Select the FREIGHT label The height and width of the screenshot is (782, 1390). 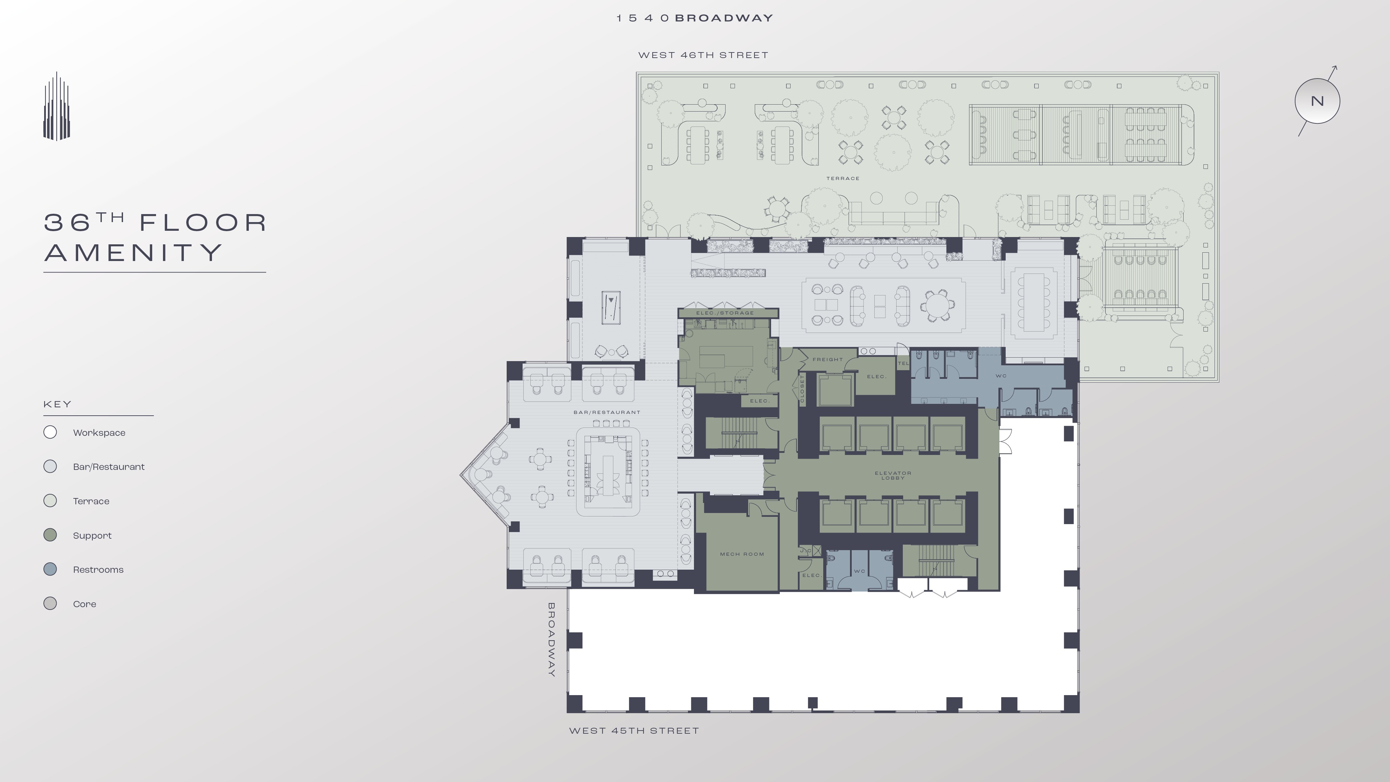pyautogui.click(x=827, y=359)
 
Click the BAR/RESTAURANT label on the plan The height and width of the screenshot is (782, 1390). pyautogui.click(x=606, y=412)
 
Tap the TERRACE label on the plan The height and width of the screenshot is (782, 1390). pyautogui.click(x=842, y=178)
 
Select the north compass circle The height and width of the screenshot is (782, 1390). pyautogui.click(x=1317, y=101)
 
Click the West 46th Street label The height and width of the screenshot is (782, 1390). pyautogui.click(x=703, y=55)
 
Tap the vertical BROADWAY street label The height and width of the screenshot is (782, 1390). pyautogui.click(x=551, y=640)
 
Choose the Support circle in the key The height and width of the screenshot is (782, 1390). pyautogui.click(x=50, y=535)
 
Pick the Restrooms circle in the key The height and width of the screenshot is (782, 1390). pyautogui.click(x=50, y=569)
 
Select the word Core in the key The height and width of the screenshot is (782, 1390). pyautogui.click(x=85, y=604)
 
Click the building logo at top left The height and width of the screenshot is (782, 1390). pyautogui.click(x=57, y=106)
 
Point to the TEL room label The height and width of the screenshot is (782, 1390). pyautogui.click(x=903, y=363)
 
